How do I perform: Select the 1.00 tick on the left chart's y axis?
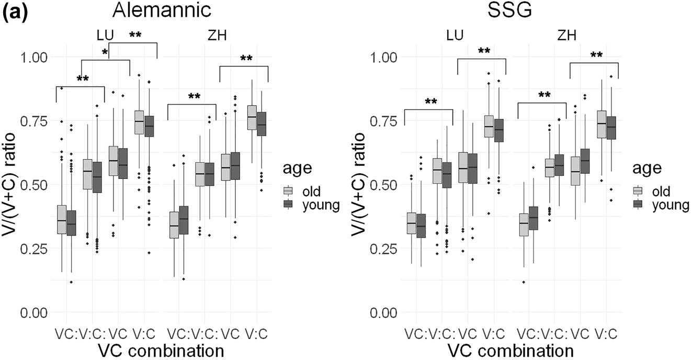[x=33, y=57]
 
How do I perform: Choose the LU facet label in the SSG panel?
[x=455, y=36]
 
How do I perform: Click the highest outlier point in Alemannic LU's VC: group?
[x=62, y=88]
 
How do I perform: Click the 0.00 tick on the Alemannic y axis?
[x=33, y=312]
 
